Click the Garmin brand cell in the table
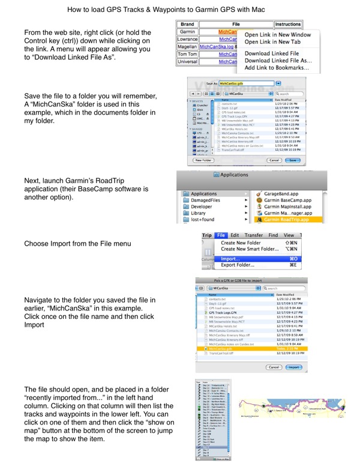[187, 32]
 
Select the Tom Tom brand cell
[187, 52]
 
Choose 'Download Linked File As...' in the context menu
[278, 61]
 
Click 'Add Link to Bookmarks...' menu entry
[277, 68]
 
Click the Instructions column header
[287, 25]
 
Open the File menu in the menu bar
[221, 235]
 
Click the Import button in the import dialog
[293, 367]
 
